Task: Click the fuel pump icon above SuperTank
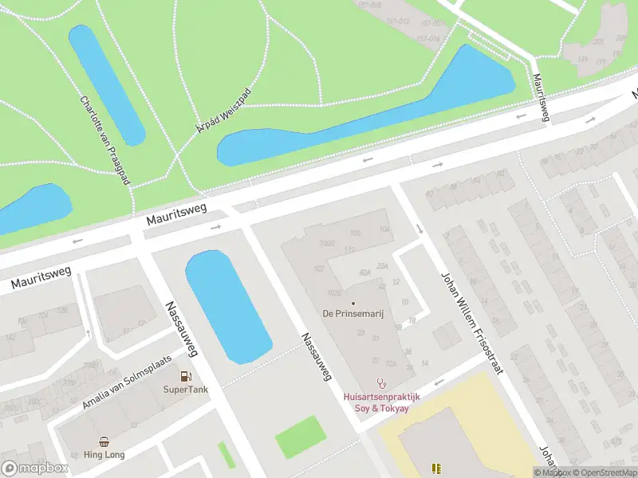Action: coord(186,376)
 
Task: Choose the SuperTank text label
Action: coord(186,390)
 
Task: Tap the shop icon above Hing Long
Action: coord(104,441)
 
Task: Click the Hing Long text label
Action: coord(104,454)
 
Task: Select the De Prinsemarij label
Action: coord(353,314)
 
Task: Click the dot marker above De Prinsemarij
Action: coord(353,303)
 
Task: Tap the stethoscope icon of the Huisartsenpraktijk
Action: coord(381,383)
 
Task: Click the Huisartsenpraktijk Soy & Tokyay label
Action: coord(381,402)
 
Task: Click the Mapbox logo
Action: coord(35,468)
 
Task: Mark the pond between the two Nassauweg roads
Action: coord(227,307)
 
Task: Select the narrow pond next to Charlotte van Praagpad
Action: coord(107,84)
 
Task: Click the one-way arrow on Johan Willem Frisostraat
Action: coord(420,229)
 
